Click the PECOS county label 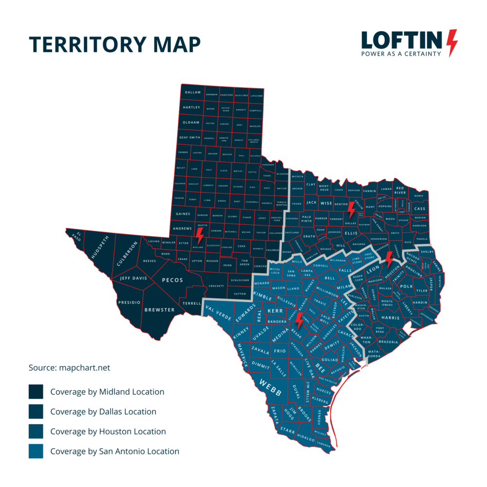[x=172, y=280]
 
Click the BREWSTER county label [x=159, y=310]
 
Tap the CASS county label [x=419, y=208]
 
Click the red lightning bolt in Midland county [x=199, y=237]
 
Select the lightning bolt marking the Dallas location [x=351, y=210]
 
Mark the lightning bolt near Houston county [x=389, y=260]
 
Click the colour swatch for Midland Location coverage [x=36, y=392]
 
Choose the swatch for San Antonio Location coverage [x=36, y=451]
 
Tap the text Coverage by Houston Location [x=108, y=431]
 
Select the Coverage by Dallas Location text [x=103, y=412]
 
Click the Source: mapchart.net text [x=70, y=368]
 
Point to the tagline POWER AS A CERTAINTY [x=401, y=54]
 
